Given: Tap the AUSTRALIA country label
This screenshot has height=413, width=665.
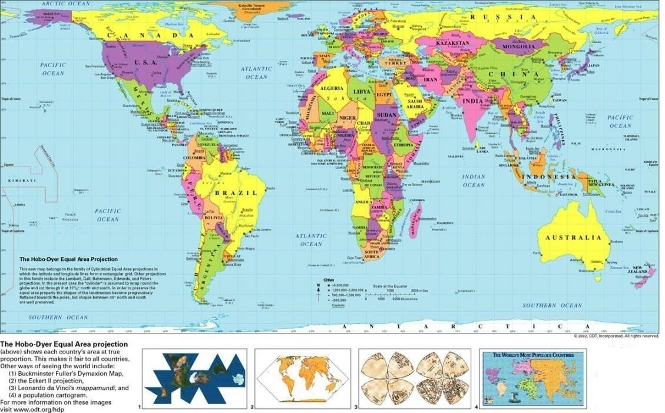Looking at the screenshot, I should [577, 238].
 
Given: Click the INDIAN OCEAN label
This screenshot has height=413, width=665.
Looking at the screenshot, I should [474, 181].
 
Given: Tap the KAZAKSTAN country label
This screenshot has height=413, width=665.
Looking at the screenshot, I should [453, 44].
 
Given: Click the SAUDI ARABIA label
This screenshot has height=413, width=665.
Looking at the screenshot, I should [415, 104].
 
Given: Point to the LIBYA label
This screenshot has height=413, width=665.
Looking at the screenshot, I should [362, 92].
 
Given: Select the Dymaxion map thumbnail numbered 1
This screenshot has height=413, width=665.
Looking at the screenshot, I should [195, 379].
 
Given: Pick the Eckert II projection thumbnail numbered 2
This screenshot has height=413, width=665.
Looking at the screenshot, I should [300, 378].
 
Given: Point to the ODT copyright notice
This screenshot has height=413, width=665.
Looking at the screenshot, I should [616, 336].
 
